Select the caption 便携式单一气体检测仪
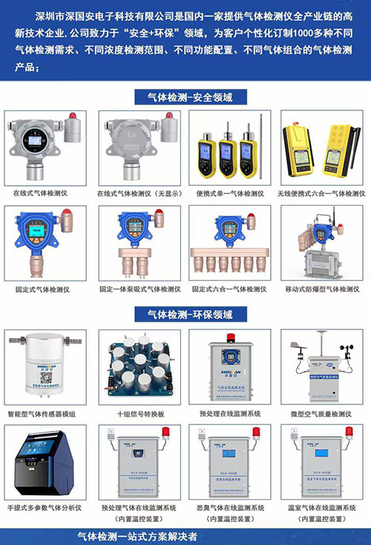[230, 193]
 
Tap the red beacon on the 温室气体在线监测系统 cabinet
[348, 432]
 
